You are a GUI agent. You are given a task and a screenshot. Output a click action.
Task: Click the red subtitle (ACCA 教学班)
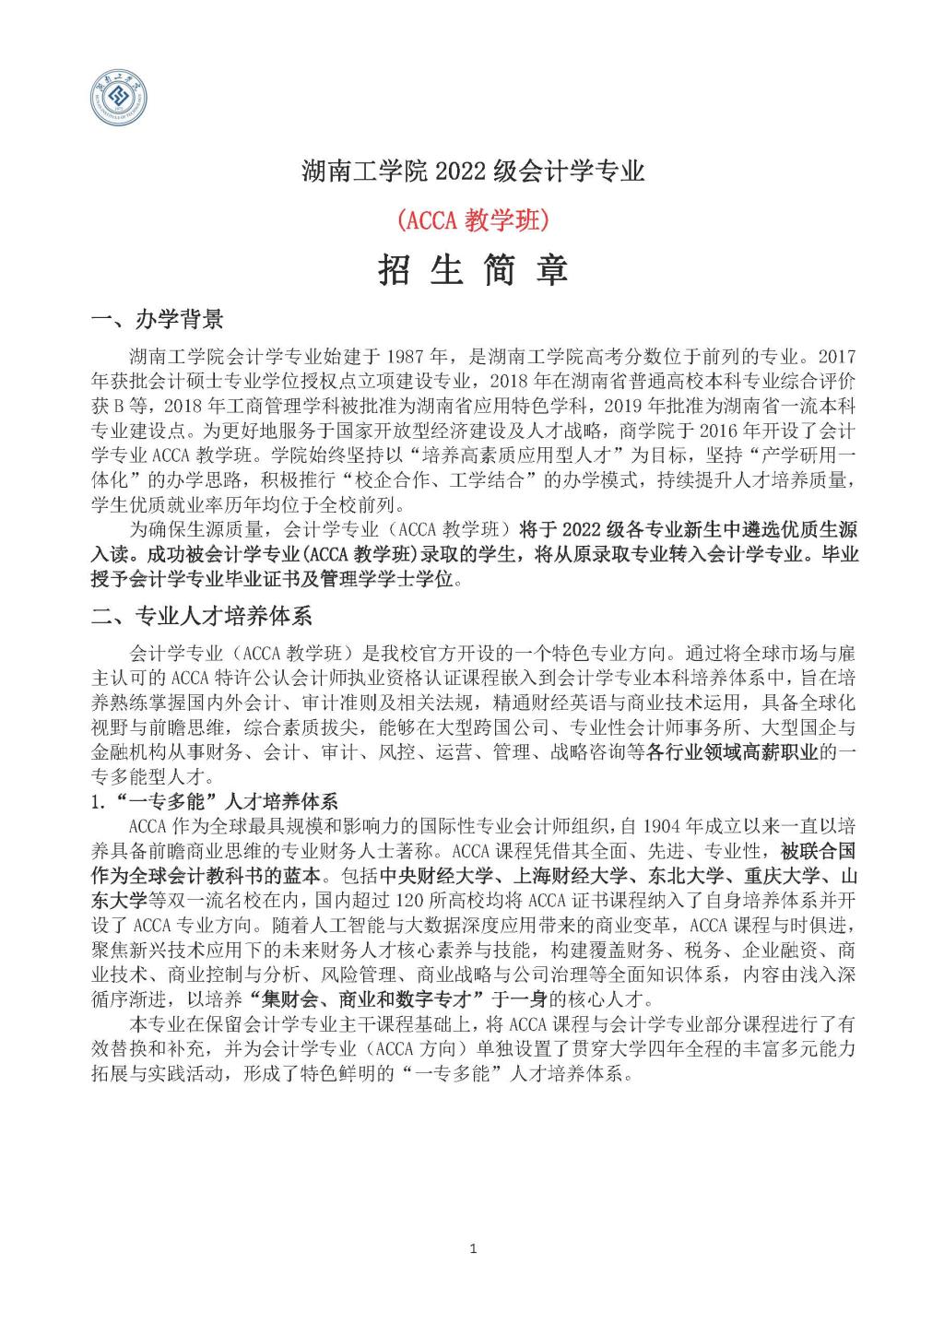[472, 219]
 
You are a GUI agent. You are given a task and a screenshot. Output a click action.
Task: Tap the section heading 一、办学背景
[158, 320]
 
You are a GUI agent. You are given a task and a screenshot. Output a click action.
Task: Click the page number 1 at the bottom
[473, 1249]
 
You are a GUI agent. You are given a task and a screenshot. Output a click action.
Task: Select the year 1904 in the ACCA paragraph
[667, 825]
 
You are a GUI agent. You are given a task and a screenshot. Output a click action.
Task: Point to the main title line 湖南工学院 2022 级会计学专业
[473, 171]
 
